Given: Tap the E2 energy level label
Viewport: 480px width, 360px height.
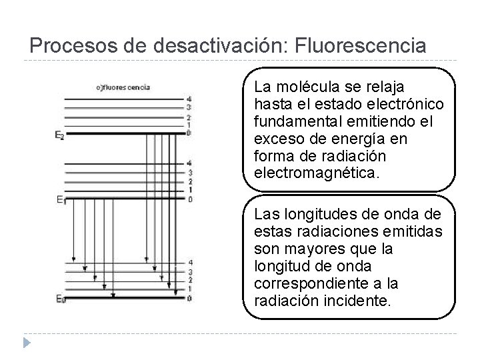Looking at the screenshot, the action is (x=59, y=135).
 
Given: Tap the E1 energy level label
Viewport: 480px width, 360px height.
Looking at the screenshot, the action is (x=59, y=199).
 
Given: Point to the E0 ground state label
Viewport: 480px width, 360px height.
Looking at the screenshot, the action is (x=59, y=297).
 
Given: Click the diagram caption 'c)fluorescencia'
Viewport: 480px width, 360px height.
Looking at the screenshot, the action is (x=124, y=87).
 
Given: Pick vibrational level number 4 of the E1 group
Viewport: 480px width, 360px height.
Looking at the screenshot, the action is (x=190, y=163).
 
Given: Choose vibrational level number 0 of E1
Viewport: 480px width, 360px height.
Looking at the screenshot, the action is (x=190, y=199).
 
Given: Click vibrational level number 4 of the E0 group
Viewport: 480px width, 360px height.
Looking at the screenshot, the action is (x=190, y=263).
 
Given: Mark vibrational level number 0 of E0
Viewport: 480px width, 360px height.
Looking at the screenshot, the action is (x=190, y=298).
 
